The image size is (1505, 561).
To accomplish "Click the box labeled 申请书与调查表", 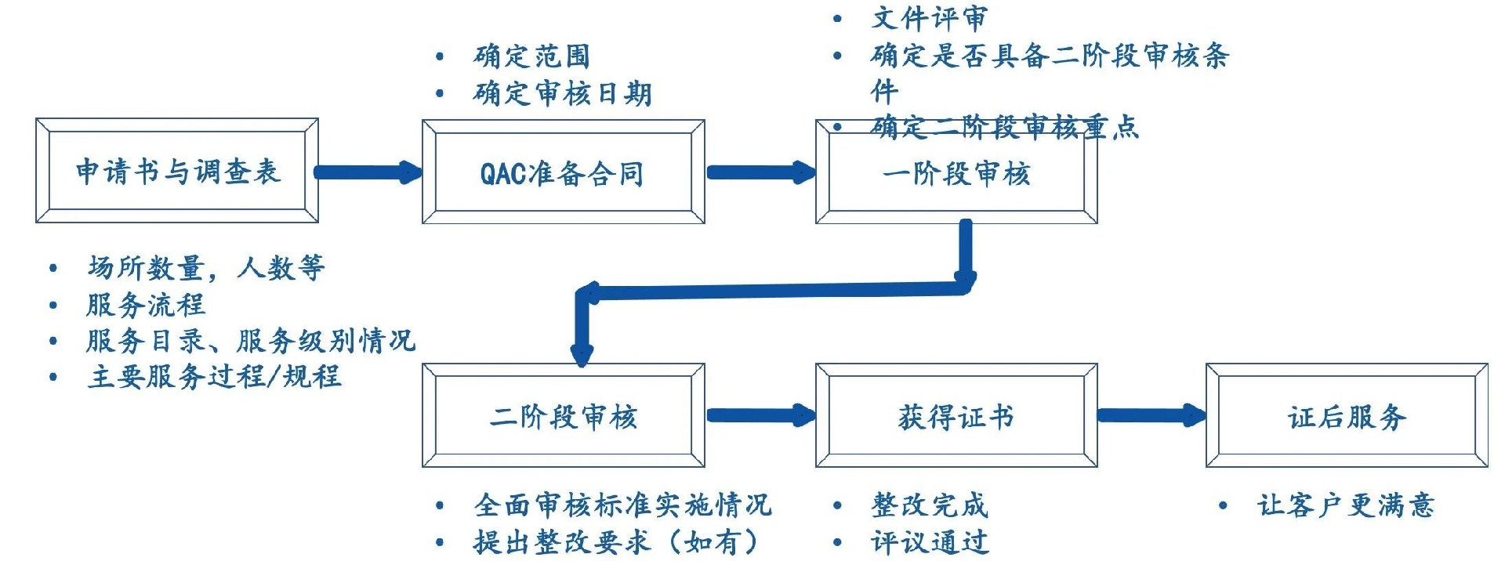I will tap(177, 171).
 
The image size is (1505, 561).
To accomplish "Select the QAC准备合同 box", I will tap(563, 172).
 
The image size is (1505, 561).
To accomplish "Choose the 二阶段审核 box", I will tap(563, 416).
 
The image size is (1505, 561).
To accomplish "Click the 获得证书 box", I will tap(956, 416).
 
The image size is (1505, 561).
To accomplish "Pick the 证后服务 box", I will tap(1347, 416).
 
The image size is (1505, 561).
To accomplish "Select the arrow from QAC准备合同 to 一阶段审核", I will tap(760, 172).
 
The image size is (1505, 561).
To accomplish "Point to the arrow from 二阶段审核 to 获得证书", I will tap(760, 415).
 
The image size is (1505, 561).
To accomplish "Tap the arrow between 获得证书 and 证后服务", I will tap(1151, 415).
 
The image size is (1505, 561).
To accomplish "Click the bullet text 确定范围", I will tap(531, 56).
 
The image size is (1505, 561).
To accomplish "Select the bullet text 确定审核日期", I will tap(562, 94).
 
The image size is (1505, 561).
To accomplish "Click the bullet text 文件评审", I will tap(929, 18).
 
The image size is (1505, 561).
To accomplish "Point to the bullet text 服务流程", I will tap(146, 305).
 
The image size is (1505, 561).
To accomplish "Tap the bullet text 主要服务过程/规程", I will tap(214, 377).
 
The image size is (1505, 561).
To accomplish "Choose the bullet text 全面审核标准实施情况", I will tap(622, 505).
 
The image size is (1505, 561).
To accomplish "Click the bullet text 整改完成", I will tap(929, 505).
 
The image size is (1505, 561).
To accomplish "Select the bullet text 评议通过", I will tap(929, 541).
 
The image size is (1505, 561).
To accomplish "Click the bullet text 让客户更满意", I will tap(1346, 505).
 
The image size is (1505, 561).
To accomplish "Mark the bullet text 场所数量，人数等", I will tap(205, 268).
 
